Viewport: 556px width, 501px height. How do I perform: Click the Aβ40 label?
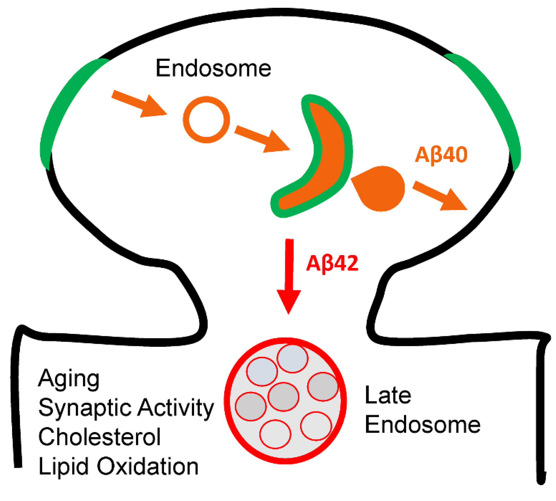(x=441, y=155)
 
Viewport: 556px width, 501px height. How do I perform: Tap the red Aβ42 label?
(x=332, y=263)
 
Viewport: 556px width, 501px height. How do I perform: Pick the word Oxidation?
(x=148, y=466)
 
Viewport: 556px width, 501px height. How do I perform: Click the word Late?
(x=388, y=396)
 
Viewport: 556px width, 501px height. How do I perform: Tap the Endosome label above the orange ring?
(x=213, y=68)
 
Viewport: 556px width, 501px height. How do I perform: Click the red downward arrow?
(x=289, y=275)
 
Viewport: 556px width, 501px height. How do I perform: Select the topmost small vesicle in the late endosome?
(x=292, y=358)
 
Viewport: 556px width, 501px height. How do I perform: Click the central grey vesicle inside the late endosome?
(x=283, y=397)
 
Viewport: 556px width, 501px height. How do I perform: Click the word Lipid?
(x=63, y=466)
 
